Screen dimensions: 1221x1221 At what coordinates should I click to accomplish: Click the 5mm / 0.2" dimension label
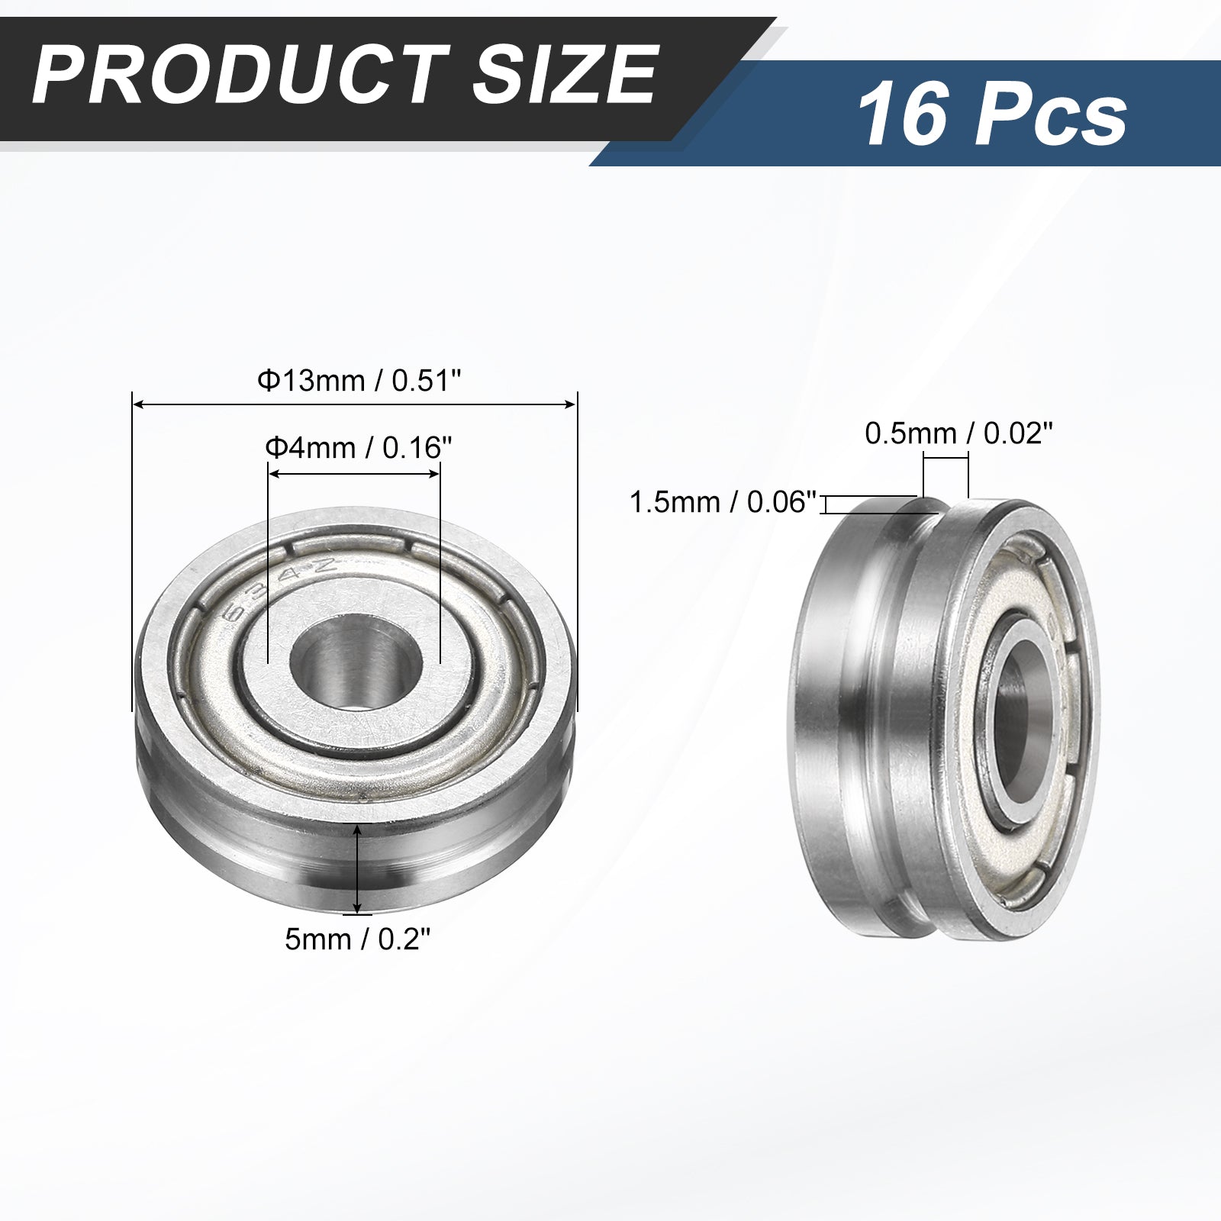[x=358, y=939]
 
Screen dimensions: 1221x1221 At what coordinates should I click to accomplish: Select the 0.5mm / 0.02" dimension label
[x=958, y=433]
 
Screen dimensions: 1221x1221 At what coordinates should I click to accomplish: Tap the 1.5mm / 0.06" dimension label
[x=723, y=502]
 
